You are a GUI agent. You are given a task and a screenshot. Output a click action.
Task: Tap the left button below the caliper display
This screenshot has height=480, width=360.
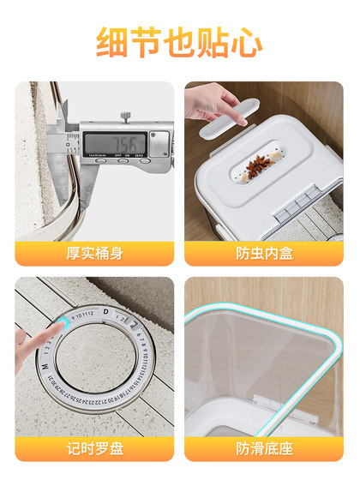click(x=101, y=159)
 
